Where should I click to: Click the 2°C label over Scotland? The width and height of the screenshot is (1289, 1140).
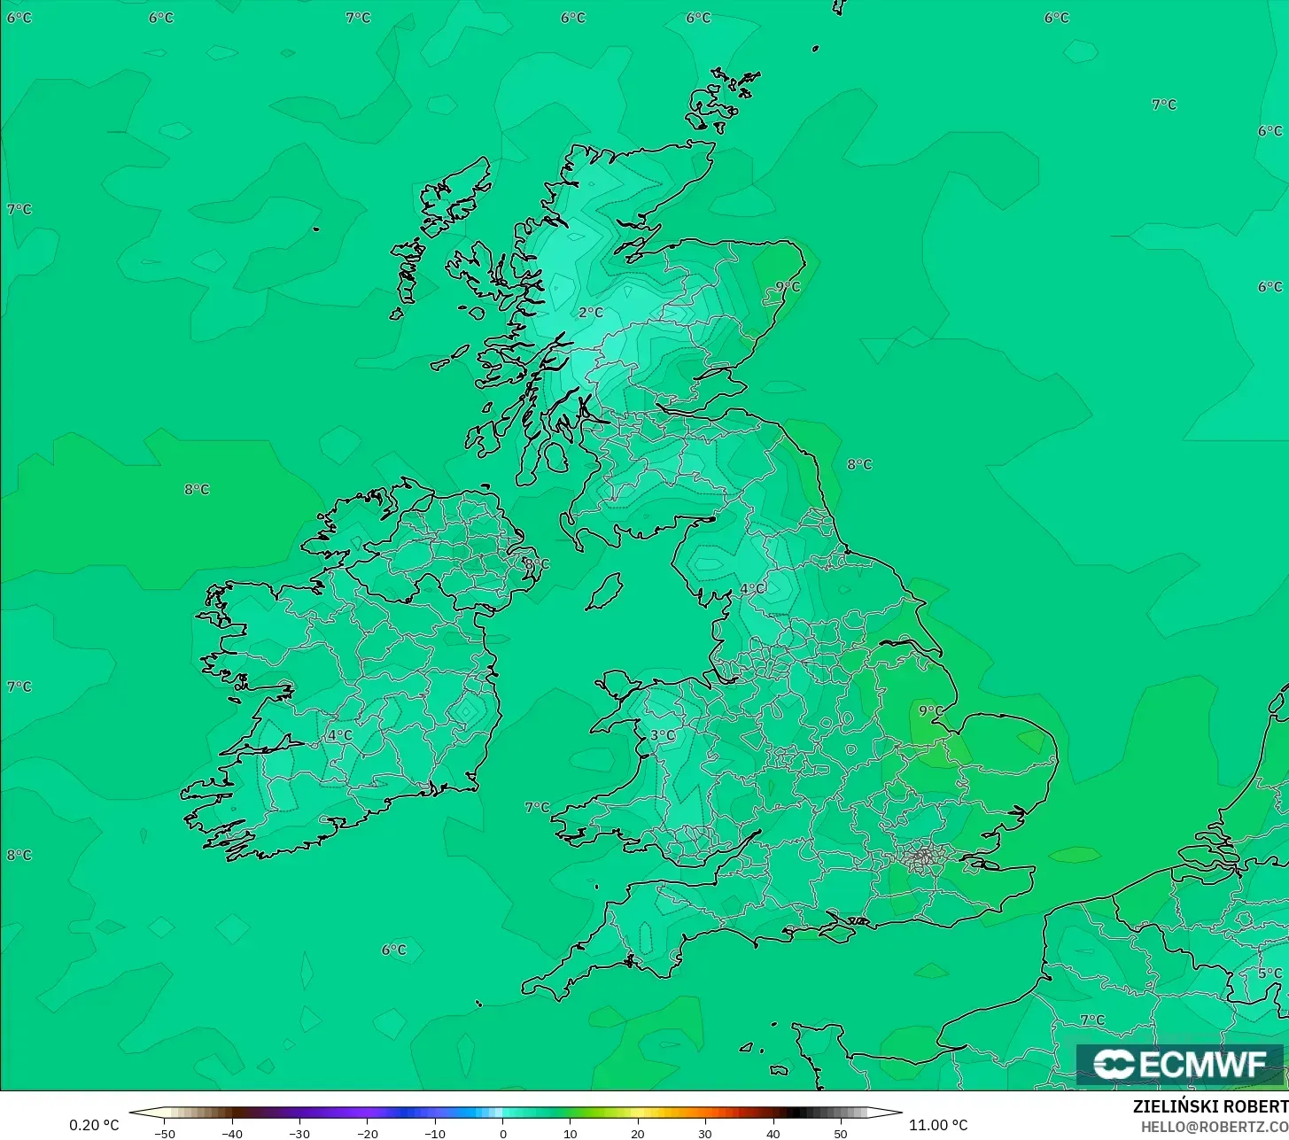click(591, 313)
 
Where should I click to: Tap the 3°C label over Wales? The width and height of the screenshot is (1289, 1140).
click(663, 735)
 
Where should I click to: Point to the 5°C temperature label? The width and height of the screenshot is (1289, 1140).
click(1270, 973)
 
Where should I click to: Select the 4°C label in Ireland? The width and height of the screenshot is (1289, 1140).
click(339, 735)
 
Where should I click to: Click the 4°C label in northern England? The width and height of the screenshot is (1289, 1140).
click(753, 589)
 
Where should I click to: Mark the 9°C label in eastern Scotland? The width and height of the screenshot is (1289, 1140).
click(788, 287)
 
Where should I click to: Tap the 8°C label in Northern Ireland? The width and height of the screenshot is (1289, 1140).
click(537, 564)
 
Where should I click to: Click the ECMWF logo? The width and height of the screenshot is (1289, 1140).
click(1179, 1064)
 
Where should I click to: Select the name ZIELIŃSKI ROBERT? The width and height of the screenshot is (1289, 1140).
click(1210, 1106)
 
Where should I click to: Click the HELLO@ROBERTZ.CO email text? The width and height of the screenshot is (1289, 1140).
click(1214, 1127)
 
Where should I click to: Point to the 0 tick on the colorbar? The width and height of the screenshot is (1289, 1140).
click(502, 1134)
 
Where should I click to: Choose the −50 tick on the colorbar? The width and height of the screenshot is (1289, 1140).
click(165, 1134)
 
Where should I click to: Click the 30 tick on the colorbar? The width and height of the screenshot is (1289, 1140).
click(705, 1134)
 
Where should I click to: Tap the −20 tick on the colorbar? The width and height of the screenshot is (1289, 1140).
click(367, 1134)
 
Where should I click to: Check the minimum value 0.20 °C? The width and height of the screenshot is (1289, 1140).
click(94, 1126)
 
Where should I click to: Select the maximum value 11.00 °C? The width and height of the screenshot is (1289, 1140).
click(938, 1126)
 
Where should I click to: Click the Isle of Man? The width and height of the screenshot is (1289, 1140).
click(605, 591)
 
